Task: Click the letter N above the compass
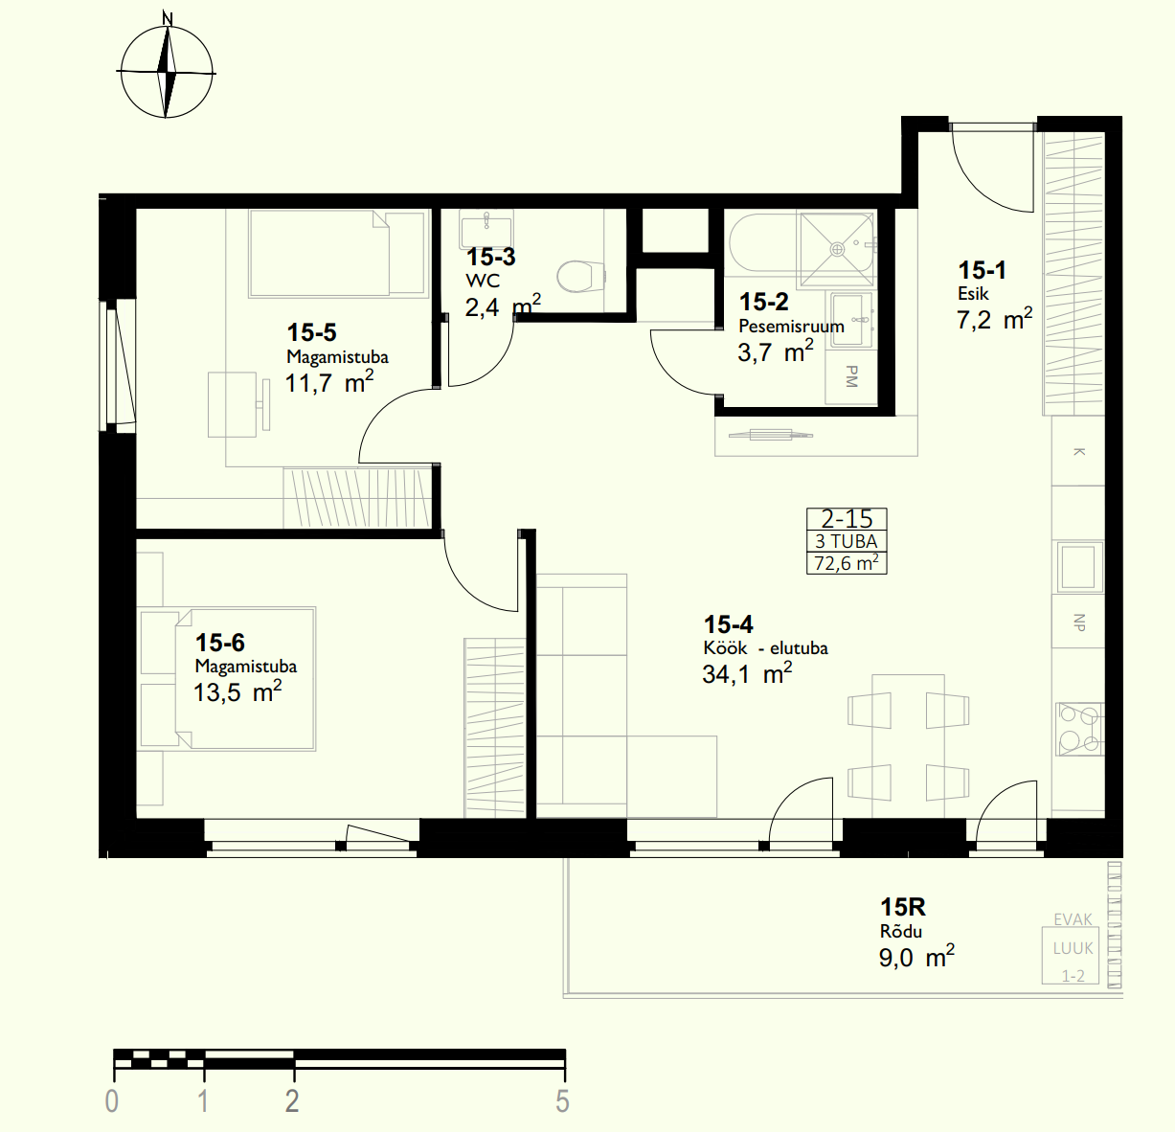168,18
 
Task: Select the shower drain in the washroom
838,249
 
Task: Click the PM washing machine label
851,376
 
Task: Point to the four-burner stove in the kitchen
1079,730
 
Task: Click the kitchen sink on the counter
1079,566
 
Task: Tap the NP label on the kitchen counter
1079,623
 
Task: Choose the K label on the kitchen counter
1079,452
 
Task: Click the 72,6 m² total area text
847,563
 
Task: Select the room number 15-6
220,643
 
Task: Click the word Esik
973,294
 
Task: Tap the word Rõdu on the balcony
901,931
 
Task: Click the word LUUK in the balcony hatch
1073,948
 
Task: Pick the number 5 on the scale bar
562,1101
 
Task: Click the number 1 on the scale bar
203,1101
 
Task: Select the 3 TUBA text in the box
847,541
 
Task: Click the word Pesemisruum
791,327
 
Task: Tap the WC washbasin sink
486,228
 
